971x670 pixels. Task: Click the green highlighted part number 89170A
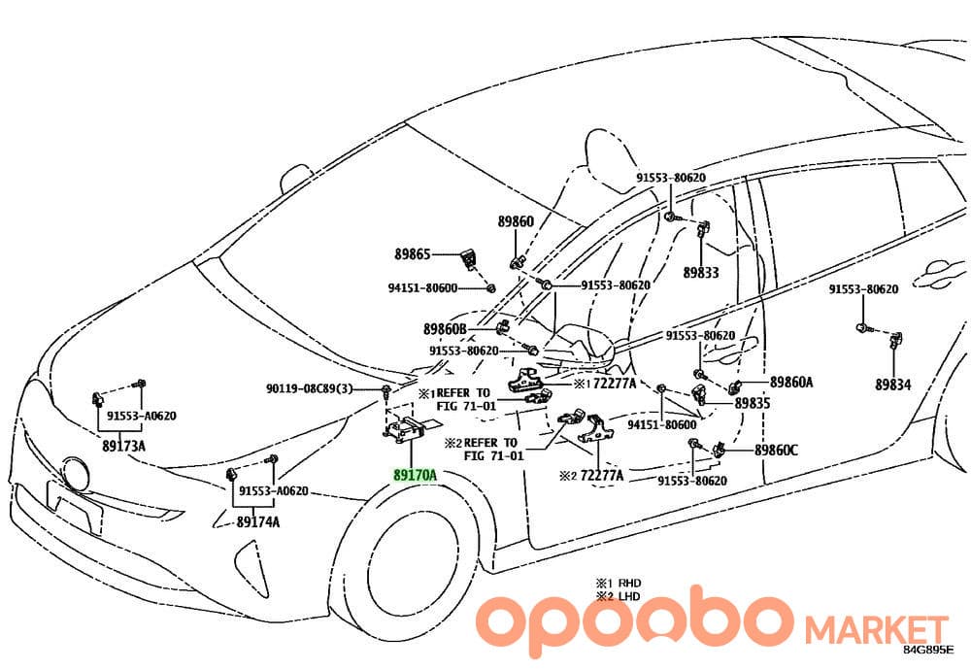click(x=415, y=476)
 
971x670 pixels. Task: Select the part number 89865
click(x=413, y=253)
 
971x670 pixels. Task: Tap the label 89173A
click(x=124, y=446)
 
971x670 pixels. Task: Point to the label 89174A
click(x=257, y=522)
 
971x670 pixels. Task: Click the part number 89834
click(x=893, y=385)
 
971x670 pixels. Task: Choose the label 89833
click(x=701, y=273)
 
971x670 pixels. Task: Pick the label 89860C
click(x=776, y=451)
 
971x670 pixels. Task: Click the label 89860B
click(x=445, y=329)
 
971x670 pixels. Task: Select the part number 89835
click(x=753, y=403)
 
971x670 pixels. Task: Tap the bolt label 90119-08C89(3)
click(x=310, y=388)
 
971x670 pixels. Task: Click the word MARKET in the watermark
click(x=876, y=630)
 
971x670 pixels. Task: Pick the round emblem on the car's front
click(x=76, y=474)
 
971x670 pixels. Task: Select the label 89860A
click(x=791, y=382)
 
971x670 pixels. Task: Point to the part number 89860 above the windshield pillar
click(x=516, y=221)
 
